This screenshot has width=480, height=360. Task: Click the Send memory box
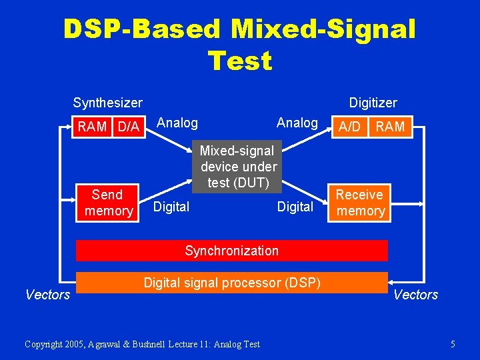coord(108,203)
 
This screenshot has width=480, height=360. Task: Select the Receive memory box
coord(360,203)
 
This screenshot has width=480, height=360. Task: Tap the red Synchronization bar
coord(231,251)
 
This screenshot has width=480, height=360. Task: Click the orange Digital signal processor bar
coord(231,283)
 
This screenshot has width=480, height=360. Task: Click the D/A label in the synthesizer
coord(128,127)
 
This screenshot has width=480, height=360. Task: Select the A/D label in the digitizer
coord(350,127)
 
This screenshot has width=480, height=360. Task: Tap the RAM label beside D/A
coord(93,127)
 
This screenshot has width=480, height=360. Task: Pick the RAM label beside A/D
coord(390,127)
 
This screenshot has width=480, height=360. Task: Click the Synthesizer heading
coord(107,103)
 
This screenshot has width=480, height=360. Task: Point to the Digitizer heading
coord(373,103)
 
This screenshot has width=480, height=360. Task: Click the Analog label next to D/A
coord(177,123)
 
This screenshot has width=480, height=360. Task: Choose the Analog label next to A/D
coord(297,123)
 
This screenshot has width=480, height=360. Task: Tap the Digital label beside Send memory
coord(171,207)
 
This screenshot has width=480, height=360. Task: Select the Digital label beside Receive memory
coord(295,207)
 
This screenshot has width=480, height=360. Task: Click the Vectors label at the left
coord(47,295)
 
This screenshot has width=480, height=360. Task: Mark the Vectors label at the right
coord(416,295)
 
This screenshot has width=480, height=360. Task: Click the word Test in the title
coord(240,61)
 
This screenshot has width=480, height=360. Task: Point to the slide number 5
coord(453,344)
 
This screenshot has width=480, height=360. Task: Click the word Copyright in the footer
coord(45,344)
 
